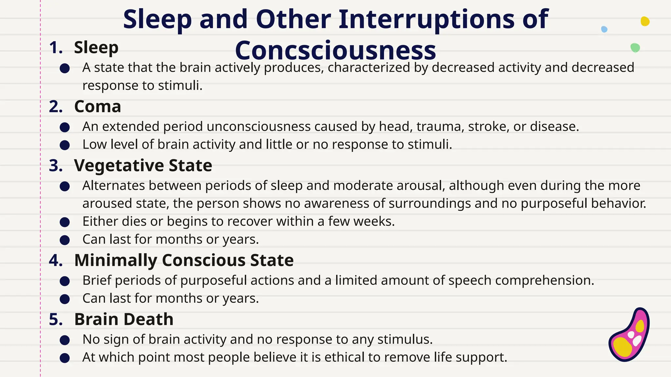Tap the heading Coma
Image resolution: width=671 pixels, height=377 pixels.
click(x=98, y=107)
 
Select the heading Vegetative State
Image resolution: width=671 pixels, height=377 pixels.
click(x=143, y=166)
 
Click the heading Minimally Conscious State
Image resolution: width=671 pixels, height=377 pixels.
click(x=183, y=260)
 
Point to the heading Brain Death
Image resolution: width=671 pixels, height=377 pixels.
click(x=124, y=319)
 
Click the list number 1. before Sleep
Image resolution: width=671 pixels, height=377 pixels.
click(x=56, y=48)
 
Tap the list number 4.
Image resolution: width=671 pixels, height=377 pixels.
click(x=56, y=261)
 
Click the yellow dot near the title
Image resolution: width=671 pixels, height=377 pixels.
click(x=645, y=21)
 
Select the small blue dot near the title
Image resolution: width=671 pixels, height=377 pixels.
click(x=604, y=29)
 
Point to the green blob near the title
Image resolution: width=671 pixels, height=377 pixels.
click(x=635, y=48)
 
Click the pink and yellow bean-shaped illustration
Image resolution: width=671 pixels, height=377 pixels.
click(x=629, y=335)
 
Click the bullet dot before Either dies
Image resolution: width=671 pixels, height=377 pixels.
click(x=65, y=223)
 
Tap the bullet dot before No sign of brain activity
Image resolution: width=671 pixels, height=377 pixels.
click(x=65, y=340)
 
